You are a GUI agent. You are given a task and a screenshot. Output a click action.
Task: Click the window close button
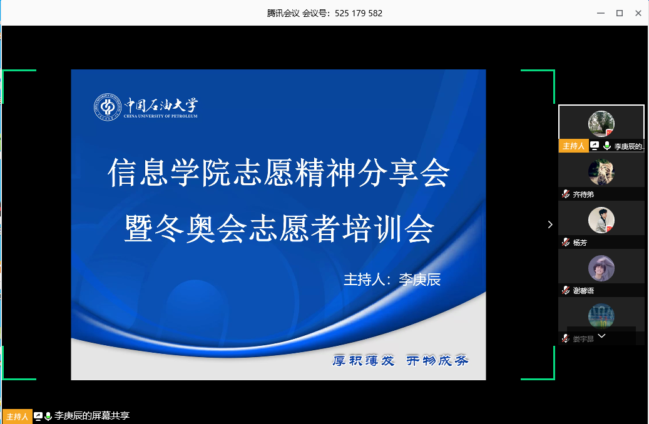pos(638,13)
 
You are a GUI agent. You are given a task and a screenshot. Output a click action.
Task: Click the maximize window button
pos(620,13)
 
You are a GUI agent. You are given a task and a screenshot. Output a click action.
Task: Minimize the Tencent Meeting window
pos(601,13)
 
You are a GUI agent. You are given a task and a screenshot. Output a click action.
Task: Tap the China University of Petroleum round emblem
pos(107,107)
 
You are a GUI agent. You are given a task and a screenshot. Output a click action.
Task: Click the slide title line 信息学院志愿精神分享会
pos(279,173)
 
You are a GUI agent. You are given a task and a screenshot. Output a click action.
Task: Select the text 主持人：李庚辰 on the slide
pos(392,280)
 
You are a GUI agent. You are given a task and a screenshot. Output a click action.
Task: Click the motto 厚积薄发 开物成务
pos(401,361)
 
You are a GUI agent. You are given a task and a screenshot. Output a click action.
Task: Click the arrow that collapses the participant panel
pos(550,225)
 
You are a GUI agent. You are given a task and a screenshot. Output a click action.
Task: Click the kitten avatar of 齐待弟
pos(601,172)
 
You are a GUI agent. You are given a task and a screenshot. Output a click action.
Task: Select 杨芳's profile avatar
pos(601,220)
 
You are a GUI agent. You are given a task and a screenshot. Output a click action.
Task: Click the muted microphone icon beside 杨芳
pos(566,243)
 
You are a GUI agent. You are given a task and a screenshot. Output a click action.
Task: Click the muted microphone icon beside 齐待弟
pos(566,194)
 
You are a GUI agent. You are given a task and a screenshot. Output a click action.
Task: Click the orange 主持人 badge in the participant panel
pos(573,146)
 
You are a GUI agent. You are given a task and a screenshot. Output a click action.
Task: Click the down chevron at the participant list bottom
pos(602,336)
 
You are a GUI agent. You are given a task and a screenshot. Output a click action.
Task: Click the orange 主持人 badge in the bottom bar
pos(17,416)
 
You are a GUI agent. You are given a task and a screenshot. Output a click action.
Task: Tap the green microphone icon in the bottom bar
pos(48,416)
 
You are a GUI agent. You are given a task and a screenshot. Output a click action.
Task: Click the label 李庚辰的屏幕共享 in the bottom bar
pos(92,416)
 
